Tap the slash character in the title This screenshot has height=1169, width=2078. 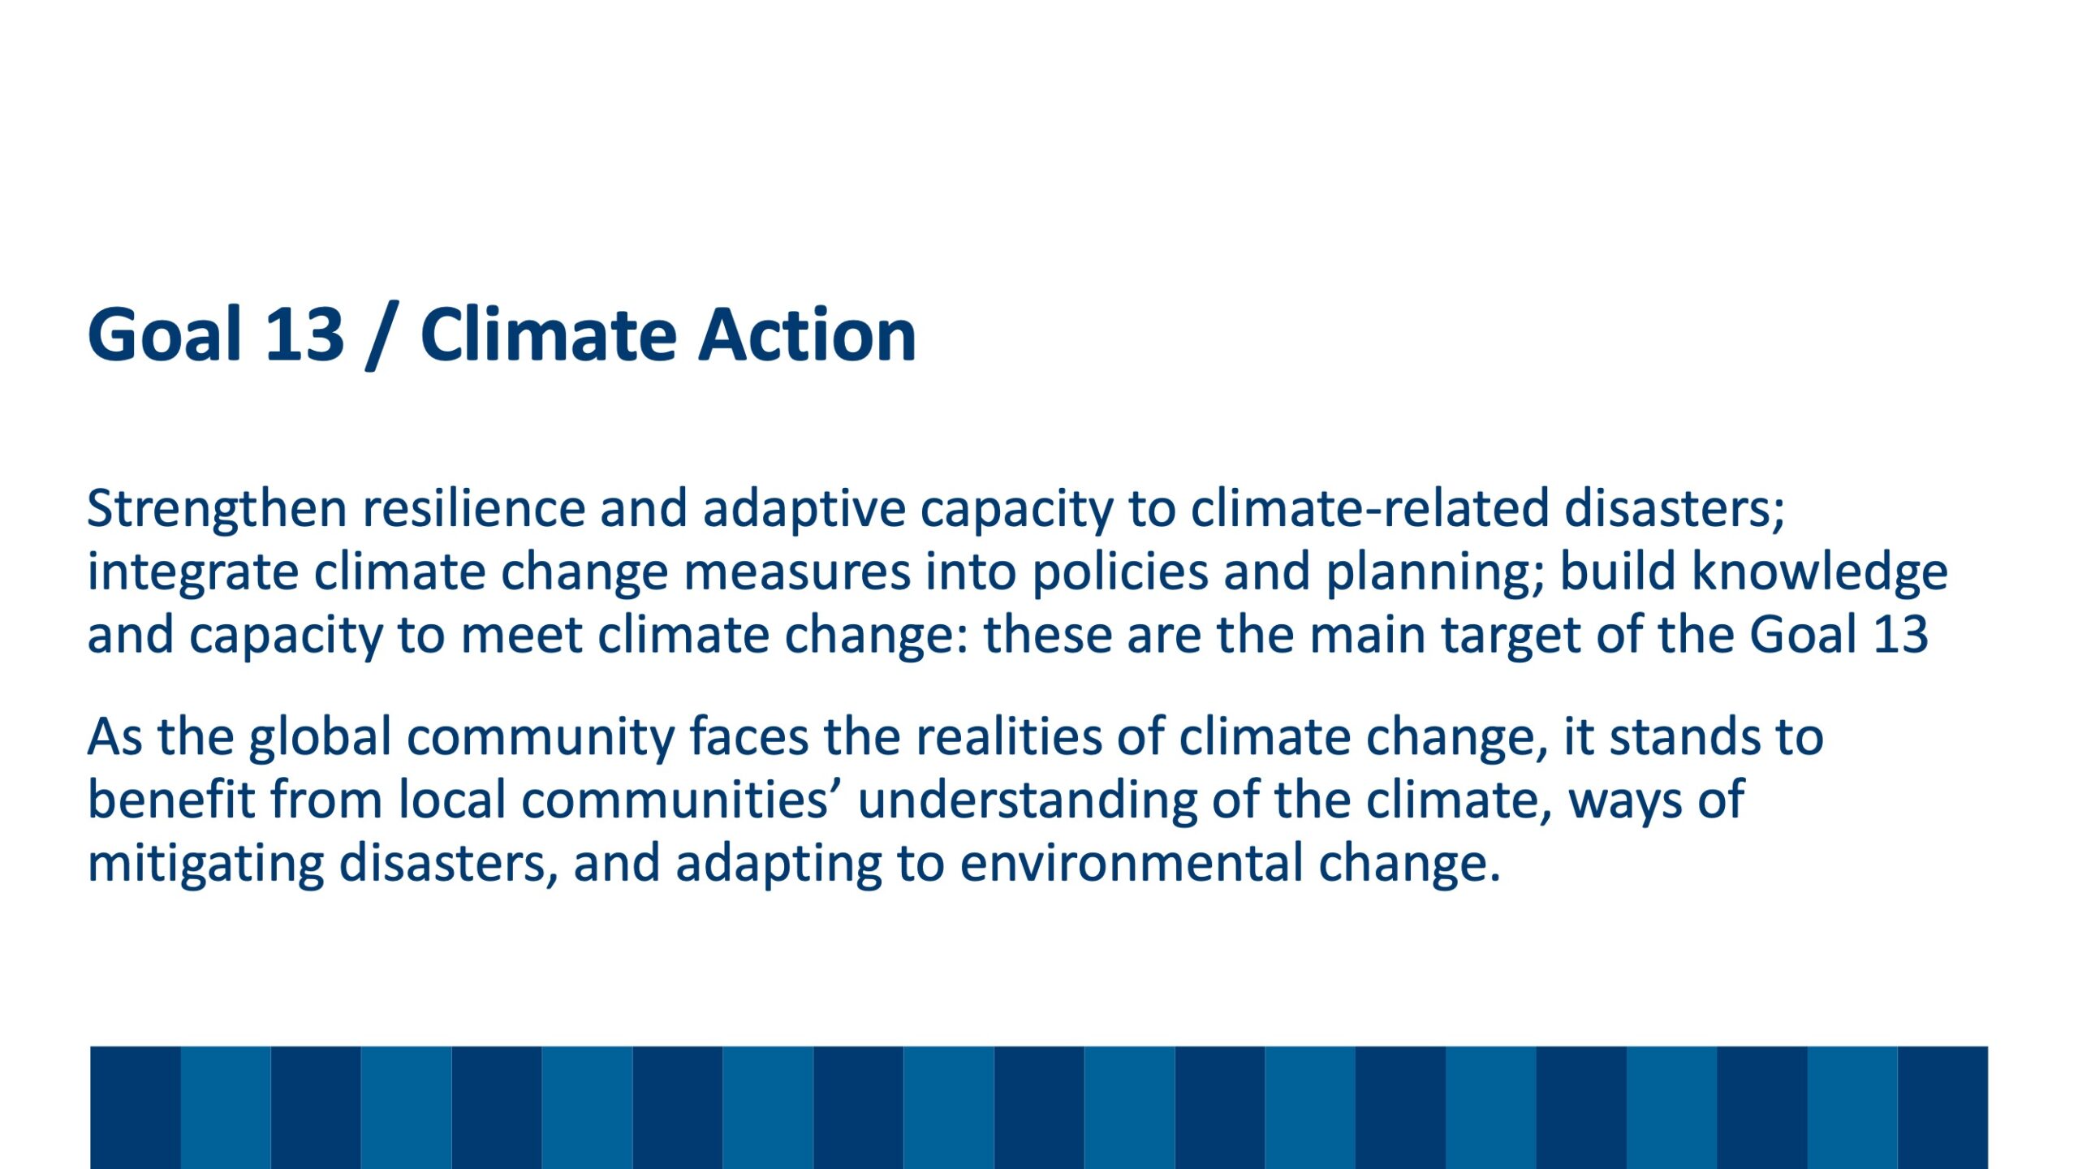[383, 335]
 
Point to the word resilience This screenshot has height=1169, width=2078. [474, 509]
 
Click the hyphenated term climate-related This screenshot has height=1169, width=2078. [1369, 509]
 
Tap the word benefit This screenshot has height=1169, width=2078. [171, 800]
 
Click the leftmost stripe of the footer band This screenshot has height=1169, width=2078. [135, 1107]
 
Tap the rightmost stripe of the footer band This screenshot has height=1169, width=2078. [1942, 1107]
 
